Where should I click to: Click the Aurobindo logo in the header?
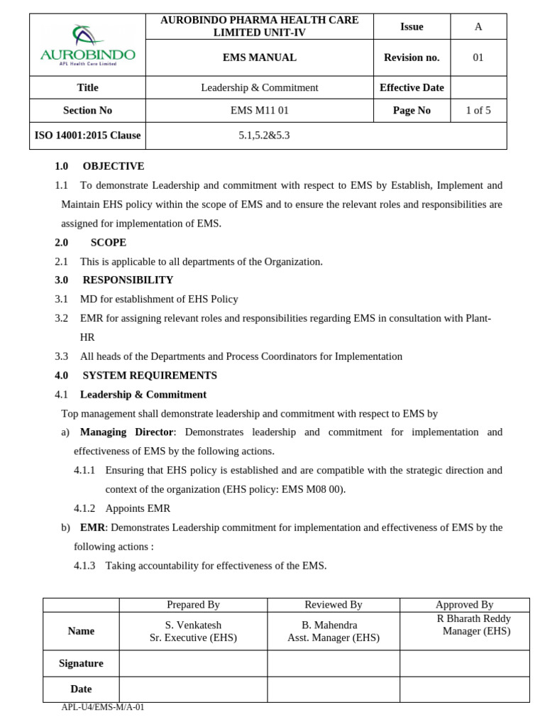(87, 45)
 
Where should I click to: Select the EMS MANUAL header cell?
(259, 58)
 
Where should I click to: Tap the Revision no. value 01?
(478, 58)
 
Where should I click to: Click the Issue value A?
(478, 26)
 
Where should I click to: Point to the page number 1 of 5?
(478, 110)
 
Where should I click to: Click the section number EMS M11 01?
(259, 110)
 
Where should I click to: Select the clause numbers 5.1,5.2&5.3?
(264, 136)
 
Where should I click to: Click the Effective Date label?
(412, 87)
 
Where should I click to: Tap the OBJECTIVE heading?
(113, 166)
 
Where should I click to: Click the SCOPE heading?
(108, 242)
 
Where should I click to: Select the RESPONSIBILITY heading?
(128, 280)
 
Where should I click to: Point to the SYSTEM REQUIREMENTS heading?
(150, 375)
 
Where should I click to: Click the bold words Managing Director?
(126, 432)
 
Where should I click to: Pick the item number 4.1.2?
(84, 508)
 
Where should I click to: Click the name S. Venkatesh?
(193, 625)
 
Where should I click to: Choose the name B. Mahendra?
(329, 625)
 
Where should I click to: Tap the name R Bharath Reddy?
(473, 618)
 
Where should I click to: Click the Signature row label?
(81, 663)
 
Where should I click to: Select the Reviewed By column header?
(334, 605)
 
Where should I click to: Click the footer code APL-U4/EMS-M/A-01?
(103, 707)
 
